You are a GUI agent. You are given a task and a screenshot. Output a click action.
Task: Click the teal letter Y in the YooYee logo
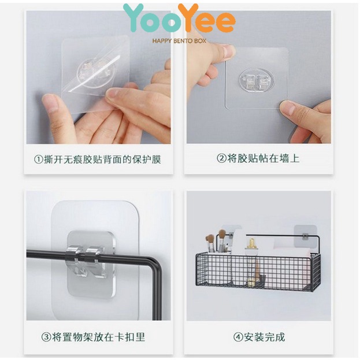tap(133, 17)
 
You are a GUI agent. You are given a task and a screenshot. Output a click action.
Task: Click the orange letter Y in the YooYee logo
tap(188, 17)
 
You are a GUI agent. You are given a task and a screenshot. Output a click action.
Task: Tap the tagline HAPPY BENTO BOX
tap(179, 41)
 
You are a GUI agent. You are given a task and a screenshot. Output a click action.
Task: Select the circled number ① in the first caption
tap(39, 159)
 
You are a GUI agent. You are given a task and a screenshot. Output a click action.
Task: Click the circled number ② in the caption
tap(221, 158)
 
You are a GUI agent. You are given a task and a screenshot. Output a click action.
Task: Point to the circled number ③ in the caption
tap(46, 337)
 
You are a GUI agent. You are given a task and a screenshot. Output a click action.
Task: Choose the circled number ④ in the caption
tap(238, 337)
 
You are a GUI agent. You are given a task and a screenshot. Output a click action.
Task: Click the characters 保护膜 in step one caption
tap(146, 159)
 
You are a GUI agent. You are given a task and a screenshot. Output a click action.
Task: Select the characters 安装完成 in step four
tap(264, 337)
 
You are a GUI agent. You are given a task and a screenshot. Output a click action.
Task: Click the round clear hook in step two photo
tap(257, 80)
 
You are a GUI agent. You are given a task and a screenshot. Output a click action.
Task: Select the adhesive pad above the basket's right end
tap(305, 236)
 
